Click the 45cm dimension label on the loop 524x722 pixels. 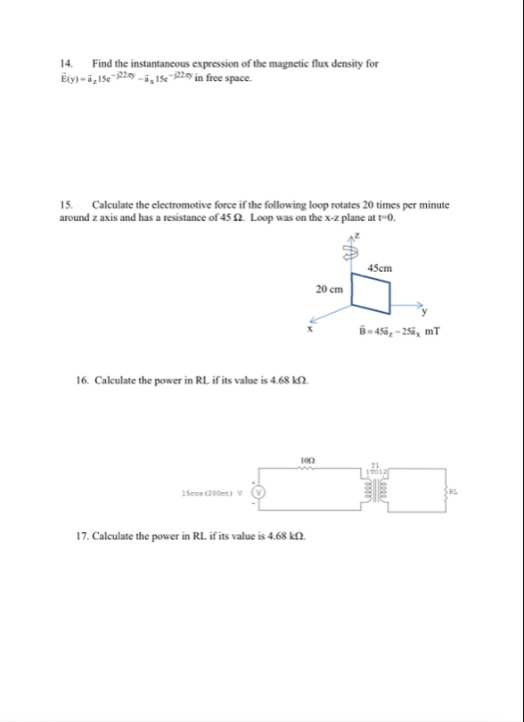click(x=380, y=267)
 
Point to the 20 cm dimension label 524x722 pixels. click(x=329, y=290)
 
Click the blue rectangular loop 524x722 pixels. click(x=370, y=293)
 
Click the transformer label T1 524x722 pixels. click(x=375, y=464)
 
